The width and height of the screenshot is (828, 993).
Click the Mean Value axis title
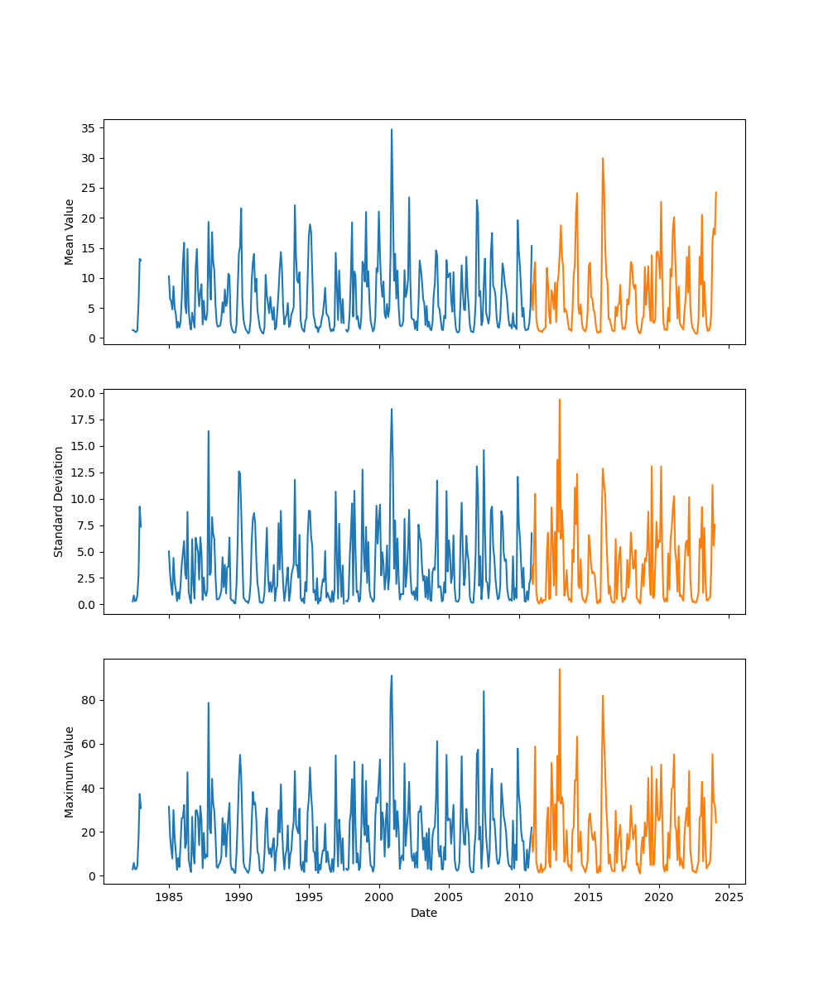(x=70, y=232)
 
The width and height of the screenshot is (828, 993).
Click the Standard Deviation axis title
(x=59, y=501)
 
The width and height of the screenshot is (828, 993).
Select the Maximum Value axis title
(x=70, y=771)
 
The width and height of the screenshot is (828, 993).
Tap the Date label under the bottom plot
(x=424, y=913)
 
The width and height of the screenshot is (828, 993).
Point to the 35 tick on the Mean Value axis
(x=87, y=128)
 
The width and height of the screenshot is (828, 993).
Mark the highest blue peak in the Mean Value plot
(x=392, y=130)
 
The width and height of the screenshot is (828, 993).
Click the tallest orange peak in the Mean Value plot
(x=603, y=159)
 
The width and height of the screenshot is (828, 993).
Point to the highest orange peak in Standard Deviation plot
(x=559, y=400)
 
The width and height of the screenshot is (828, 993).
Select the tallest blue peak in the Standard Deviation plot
(x=392, y=410)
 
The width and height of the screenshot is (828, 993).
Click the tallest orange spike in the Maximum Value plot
(x=559, y=669)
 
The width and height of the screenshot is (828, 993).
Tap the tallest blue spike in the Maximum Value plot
(x=392, y=676)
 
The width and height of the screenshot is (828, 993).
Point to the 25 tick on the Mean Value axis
(x=87, y=188)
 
